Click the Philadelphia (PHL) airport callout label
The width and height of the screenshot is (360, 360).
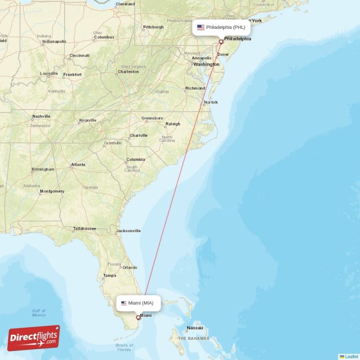(x=221, y=27)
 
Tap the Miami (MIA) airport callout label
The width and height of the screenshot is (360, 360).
(x=138, y=303)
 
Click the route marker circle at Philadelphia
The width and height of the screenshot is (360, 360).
(x=221, y=42)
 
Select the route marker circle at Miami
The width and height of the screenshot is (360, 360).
(x=138, y=317)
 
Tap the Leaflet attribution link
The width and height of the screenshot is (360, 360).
(x=351, y=356)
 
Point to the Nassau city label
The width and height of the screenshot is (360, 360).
(x=195, y=328)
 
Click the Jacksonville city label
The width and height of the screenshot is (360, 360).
(x=128, y=231)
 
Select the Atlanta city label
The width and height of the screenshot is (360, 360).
(x=78, y=165)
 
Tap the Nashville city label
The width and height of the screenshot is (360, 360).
(x=41, y=117)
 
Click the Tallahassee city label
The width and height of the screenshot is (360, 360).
(x=85, y=229)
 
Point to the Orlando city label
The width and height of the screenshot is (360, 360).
(x=130, y=267)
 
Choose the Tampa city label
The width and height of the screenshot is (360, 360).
(x=109, y=275)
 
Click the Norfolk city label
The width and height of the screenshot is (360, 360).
(x=211, y=102)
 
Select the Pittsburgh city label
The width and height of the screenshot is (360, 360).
(x=153, y=27)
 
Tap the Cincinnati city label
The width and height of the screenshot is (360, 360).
(x=79, y=56)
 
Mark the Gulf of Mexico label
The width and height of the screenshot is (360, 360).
(x=39, y=313)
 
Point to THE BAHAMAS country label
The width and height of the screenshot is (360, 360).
(x=193, y=338)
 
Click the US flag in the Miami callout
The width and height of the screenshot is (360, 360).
(x=124, y=303)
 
